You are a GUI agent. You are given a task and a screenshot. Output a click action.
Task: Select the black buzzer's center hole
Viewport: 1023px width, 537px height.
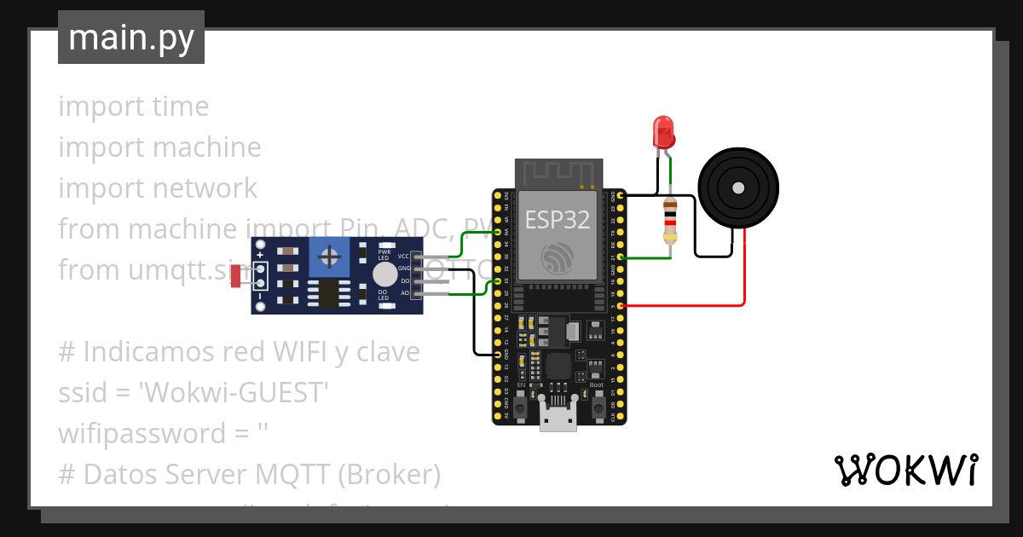(x=738, y=188)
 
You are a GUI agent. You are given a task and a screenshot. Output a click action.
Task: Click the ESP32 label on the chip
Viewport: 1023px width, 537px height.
(x=557, y=220)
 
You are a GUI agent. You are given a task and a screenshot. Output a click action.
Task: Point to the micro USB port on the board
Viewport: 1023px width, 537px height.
(x=559, y=420)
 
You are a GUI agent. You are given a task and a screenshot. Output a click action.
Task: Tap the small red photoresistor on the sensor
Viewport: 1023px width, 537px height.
(x=236, y=276)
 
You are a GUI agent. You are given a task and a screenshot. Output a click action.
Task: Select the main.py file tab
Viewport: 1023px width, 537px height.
(x=131, y=38)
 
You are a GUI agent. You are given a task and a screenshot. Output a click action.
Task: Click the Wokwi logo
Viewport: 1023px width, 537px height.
(x=905, y=471)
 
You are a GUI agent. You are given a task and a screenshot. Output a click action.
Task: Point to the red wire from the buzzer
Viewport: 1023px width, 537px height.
(x=744, y=273)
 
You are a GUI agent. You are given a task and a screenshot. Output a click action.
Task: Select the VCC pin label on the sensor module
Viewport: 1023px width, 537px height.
(x=403, y=256)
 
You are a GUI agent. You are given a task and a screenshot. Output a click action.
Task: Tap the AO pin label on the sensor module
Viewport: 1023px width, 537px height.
(x=405, y=293)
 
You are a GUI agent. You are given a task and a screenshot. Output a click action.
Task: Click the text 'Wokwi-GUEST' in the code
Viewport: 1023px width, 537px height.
(x=234, y=392)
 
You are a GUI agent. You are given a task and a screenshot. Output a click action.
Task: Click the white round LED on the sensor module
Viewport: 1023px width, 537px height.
(x=384, y=274)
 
